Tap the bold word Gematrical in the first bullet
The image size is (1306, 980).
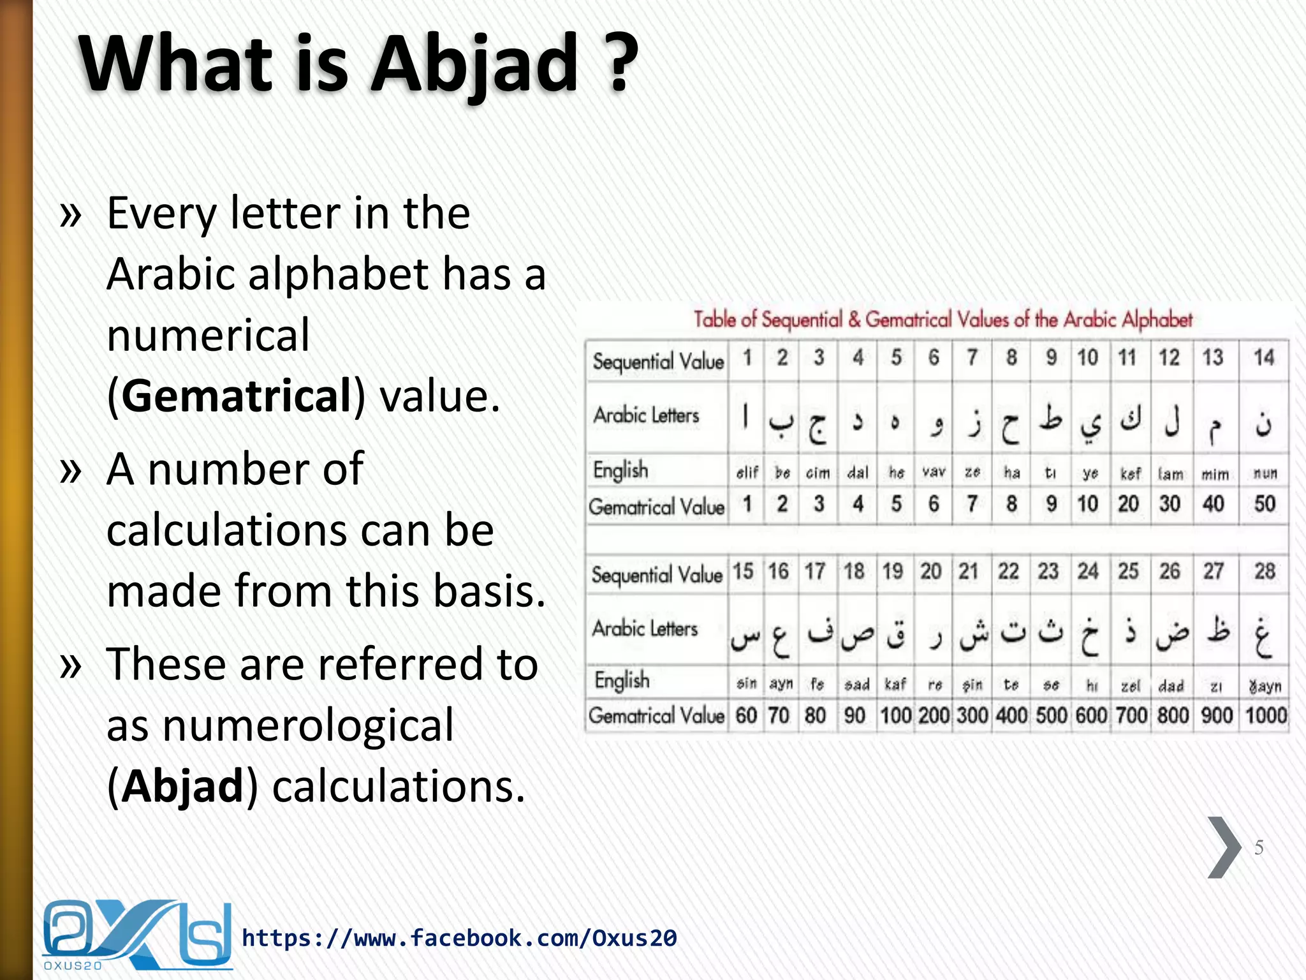tap(236, 396)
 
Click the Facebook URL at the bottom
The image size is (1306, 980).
tap(459, 938)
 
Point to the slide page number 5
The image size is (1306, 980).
tap(1259, 847)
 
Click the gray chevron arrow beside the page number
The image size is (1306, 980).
tap(1223, 847)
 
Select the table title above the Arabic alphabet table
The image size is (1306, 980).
tap(943, 319)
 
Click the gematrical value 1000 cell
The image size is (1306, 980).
tap(1266, 715)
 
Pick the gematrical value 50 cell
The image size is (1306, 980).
tap(1265, 504)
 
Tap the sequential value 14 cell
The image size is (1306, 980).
tap(1263, 358)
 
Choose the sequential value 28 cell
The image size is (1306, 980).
tap(1265, 571)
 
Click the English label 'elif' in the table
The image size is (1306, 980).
tap(747, 473)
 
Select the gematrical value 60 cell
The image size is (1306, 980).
tap(746, 715)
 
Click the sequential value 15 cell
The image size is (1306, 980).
tap(743, 571)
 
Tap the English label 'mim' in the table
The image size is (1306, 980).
tap(1215, 474)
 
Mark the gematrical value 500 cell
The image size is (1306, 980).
tap(1051, 715)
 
